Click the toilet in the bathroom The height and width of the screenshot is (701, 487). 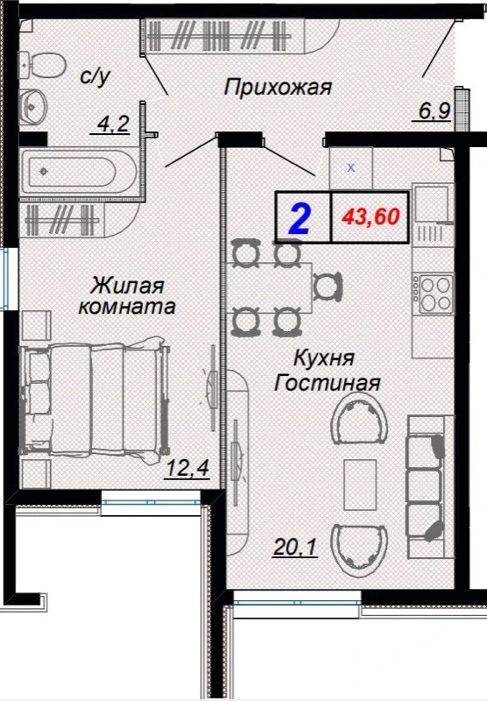[41, 65]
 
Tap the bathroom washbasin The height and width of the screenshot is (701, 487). [32, 105]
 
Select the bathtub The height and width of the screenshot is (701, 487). [79, 172]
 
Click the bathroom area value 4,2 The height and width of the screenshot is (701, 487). [110, 124]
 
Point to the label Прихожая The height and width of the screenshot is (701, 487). [277, 87]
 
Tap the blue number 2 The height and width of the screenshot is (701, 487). [299, 218]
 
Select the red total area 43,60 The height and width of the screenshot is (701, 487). [370, 216]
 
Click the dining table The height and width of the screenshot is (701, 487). [269, 288]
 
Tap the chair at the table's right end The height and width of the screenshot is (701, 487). [327, 287]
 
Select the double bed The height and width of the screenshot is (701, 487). [95, 400]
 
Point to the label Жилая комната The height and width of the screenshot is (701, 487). [126, 295]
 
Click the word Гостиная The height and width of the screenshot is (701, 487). [326, 383]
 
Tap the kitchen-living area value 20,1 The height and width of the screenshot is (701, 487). [295, 546]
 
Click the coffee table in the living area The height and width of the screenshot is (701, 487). [360, 485]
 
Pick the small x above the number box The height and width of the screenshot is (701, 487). [351, 168]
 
